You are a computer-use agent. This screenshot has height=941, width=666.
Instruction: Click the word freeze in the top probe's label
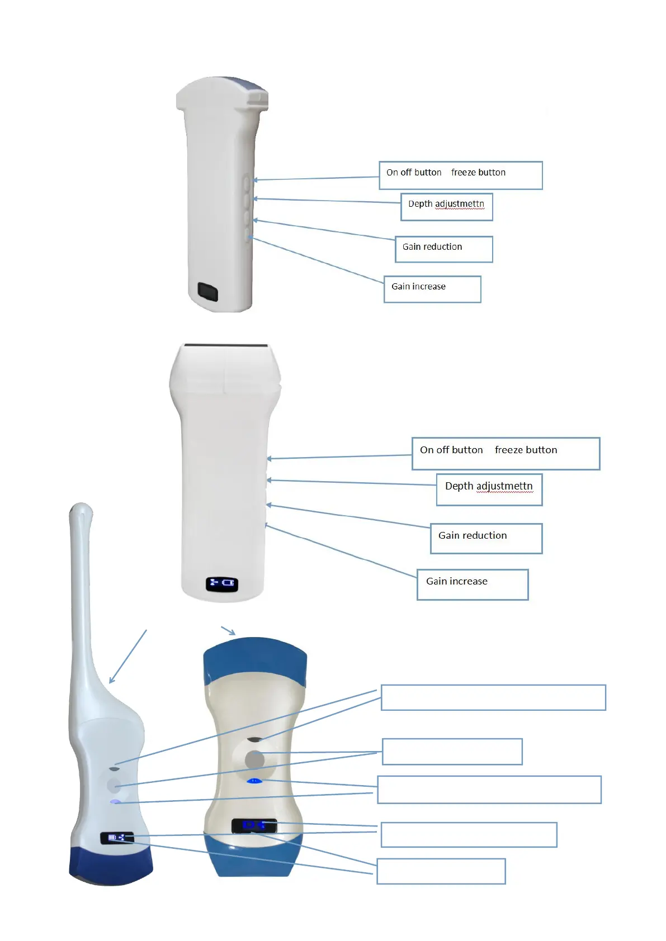(462, 173)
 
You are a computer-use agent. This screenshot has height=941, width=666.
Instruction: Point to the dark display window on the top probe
(207, 292)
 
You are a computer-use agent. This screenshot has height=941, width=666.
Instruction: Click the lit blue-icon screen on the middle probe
(222, 583)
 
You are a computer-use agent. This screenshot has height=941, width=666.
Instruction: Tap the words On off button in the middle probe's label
(451, 450)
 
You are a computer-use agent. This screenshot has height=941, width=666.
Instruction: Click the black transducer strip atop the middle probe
(226, 346)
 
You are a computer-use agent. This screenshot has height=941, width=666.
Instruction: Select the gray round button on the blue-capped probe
(254, 759)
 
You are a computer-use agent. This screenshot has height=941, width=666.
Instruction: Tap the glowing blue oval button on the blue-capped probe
(254, 781)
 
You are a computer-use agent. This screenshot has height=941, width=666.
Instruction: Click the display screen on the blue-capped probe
(254, 825)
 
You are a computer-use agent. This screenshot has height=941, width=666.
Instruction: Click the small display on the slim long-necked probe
(117, 838)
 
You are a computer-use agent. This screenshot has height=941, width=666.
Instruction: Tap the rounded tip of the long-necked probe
(81, 510)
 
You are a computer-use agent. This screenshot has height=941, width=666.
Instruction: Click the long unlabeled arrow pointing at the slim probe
(128, 656)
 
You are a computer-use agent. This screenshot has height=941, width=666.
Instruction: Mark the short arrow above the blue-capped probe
(228, 631)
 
